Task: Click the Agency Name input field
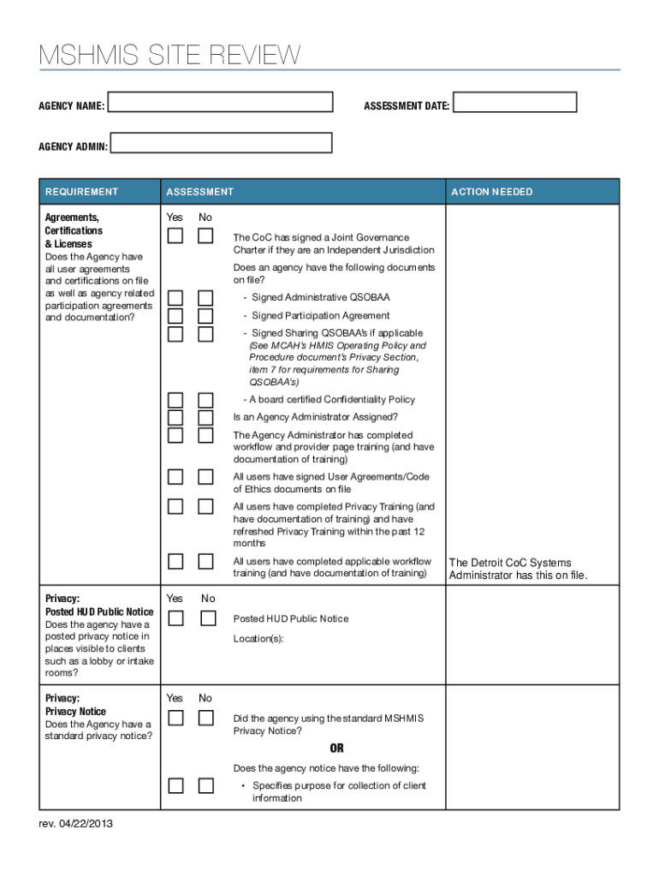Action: coord(221,103)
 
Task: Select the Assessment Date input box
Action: coord(514,103)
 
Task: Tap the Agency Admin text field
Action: coord(223,143)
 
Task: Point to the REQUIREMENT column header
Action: coord(82,192)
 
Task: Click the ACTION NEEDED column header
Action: coord(492,192)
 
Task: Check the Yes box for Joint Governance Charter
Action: coord(175,236)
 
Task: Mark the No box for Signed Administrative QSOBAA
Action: coord(205,298)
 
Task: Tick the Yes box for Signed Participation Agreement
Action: coord(175,315)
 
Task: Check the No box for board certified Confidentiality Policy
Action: coord(205,400)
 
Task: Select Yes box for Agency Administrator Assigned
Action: coord(175,417)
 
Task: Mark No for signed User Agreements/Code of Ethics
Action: coord(205,477)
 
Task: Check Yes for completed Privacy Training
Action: coord(175,506)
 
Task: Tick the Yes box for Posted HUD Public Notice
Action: coord(175,618)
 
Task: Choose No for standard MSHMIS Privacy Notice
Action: coord(205,719)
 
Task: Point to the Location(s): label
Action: coord(258,639)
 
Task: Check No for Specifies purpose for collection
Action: coord(205,785)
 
